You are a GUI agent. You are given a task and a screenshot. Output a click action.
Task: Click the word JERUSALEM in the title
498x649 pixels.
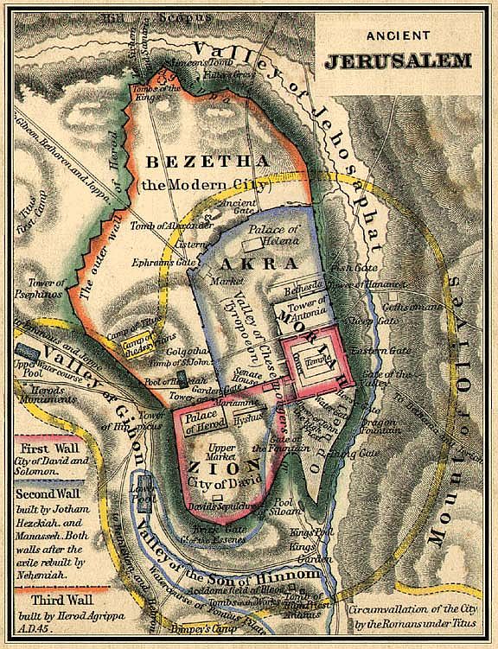(x=398, y=61)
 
